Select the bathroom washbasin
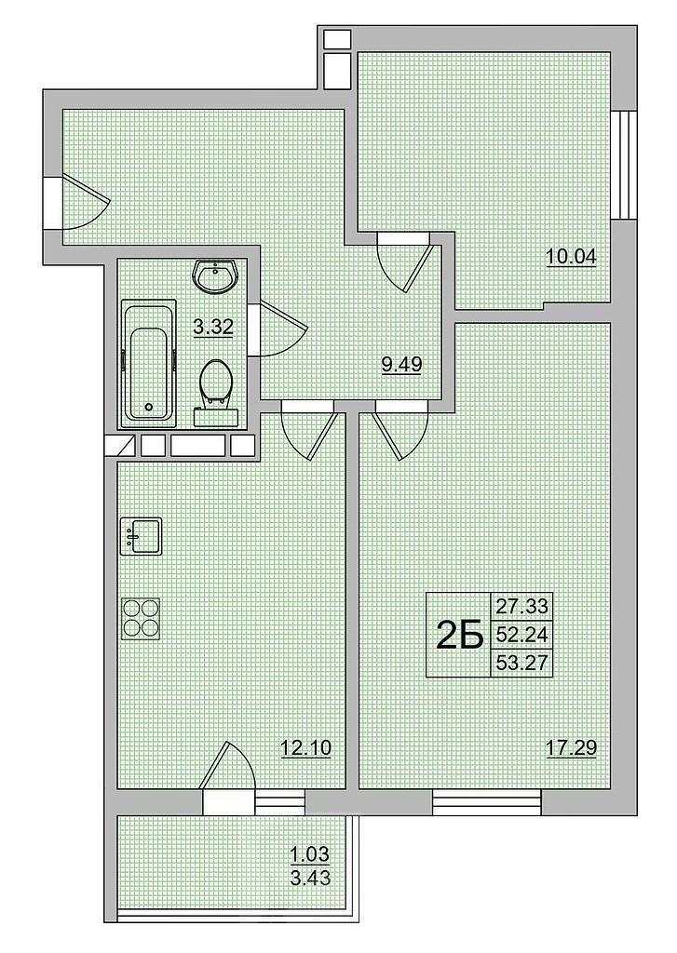click(x=217, y=275)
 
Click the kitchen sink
click(x=142, y=536)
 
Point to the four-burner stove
click(x=142, y=619)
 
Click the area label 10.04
click(x=571, y=257)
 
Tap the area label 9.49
click(x=401, y=364)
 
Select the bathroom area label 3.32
click(x=213, y=327)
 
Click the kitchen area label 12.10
click(x=306, y=747)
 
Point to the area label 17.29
click(x=571, y=747)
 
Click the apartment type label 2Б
click(x=460, y=636)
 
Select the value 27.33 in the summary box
click(x=521, y=606)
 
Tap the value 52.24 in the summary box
click(x=521, y=635)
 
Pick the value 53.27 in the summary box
click(x=521, y=663)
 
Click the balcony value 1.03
click(x=309, y=855)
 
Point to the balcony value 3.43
click(x=310, y=879)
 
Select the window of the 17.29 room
click(x=487, y=801)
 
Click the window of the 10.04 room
click(x=624, y=164)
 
